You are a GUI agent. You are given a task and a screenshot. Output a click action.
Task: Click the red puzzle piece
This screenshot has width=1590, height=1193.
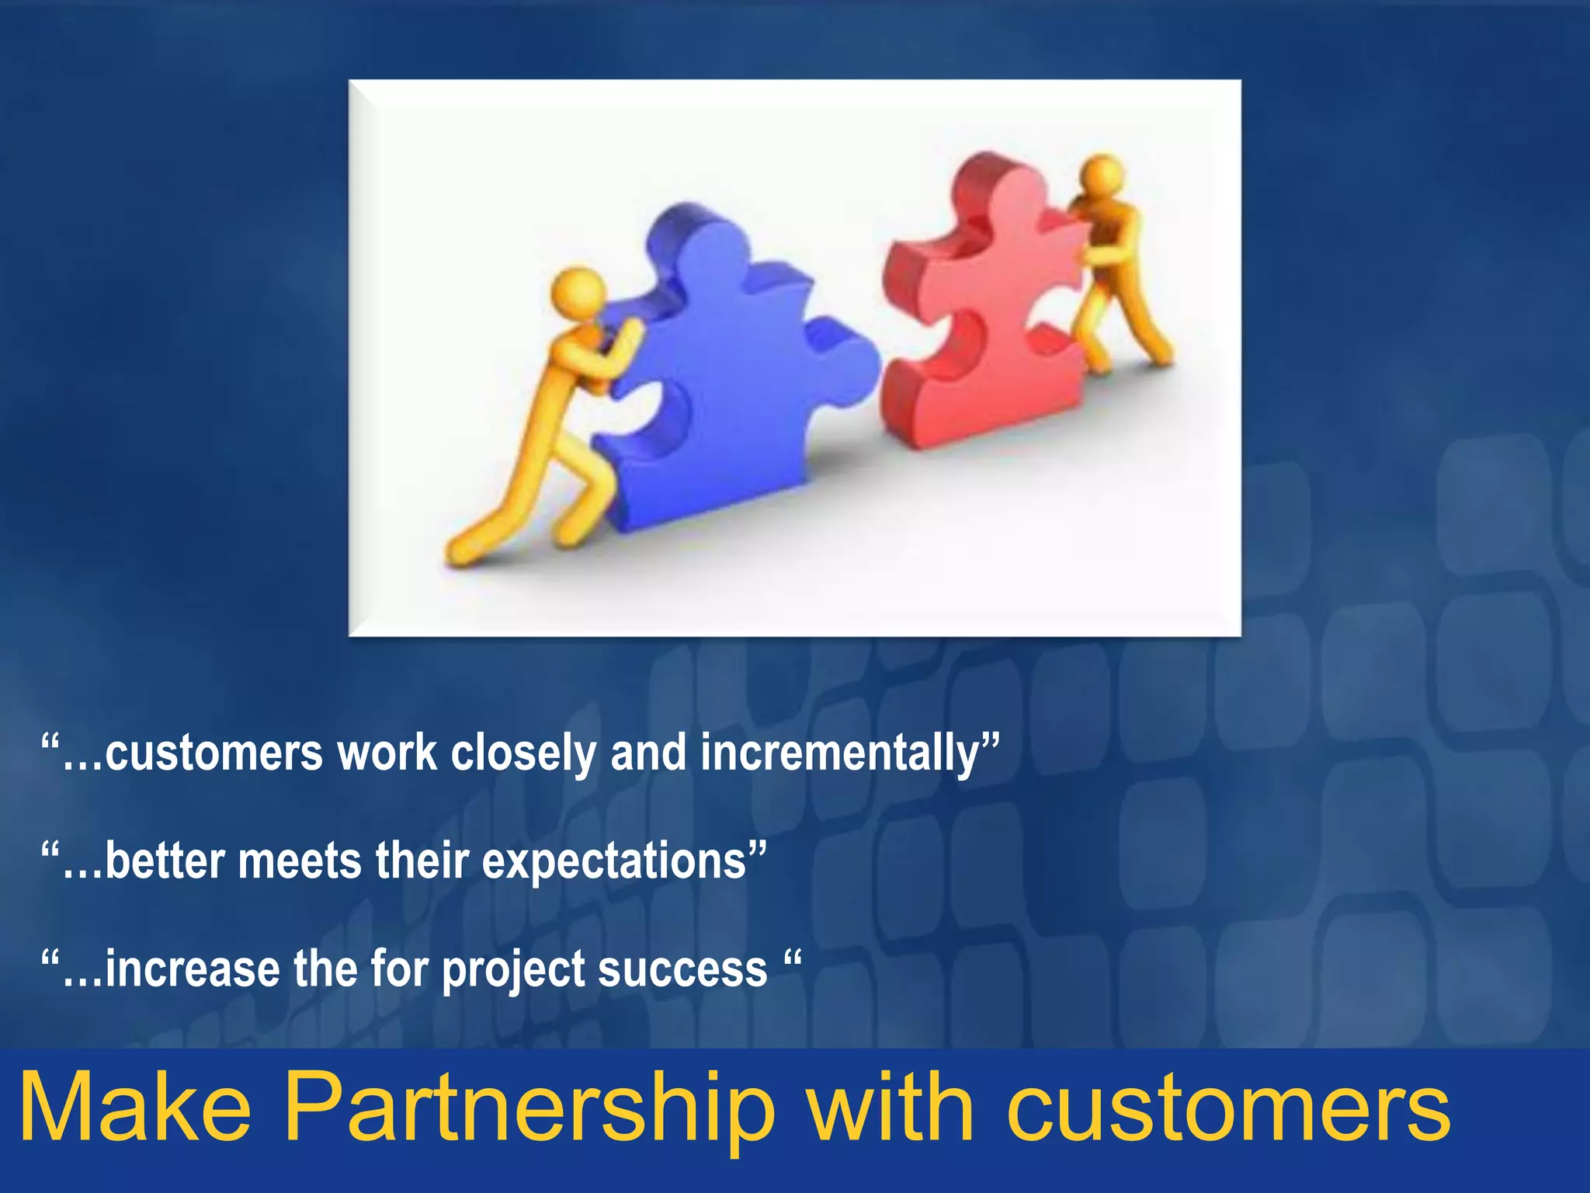tap(986, 311)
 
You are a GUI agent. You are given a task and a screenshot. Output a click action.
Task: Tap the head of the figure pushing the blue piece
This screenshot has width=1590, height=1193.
tap(578, 293)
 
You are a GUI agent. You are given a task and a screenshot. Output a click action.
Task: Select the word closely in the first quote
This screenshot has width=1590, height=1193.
tap(523, 754)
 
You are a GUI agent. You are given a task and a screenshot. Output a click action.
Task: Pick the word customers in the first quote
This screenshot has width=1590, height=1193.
tap(214, 754)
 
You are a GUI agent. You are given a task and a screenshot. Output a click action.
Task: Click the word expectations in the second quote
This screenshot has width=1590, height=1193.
tap(613, 862)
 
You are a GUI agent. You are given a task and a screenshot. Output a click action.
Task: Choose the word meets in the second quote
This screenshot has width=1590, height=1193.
tap(299, 862)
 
